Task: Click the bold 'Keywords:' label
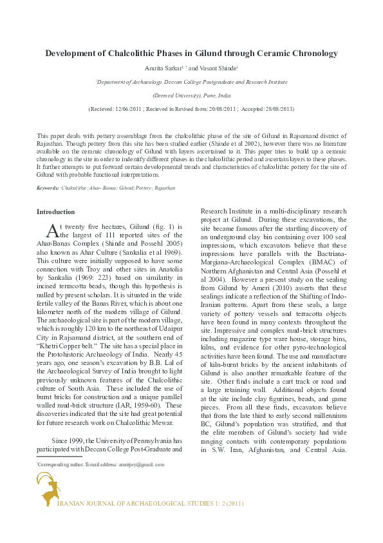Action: click(48, 188)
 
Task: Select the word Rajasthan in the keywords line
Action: click(162, 188)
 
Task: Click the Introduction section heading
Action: click(56, 212)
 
